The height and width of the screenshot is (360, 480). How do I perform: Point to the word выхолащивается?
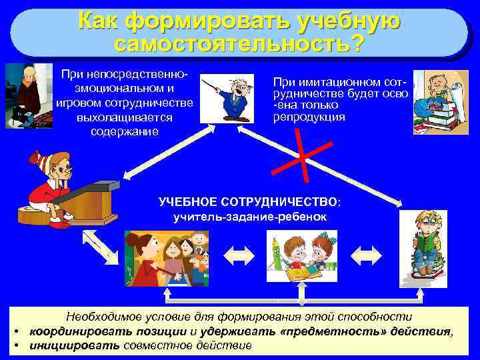[125, 117]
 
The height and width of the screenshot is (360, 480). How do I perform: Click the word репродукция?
[309, 117]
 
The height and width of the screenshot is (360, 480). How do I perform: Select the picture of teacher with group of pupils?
[166, 259]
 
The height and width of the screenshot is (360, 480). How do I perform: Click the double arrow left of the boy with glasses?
[366, 253]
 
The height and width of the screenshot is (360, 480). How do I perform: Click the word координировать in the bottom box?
[65, 331]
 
